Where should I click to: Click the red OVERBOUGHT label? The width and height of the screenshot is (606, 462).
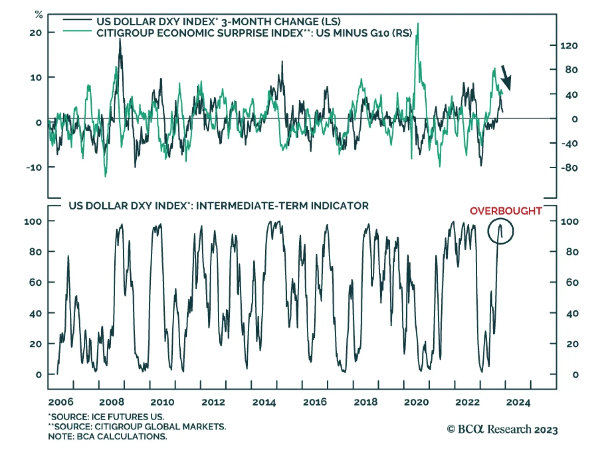[506, 211]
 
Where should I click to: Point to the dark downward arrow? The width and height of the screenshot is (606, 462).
[506, 78]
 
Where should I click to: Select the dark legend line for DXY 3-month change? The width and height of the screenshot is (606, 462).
[77, 20]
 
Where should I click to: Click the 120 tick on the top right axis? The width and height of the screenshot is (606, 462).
[569, 46]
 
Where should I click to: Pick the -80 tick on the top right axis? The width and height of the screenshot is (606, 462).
[569, 168]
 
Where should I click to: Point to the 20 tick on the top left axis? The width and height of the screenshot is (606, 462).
[36, 33]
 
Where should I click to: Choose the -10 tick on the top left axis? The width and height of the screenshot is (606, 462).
[34, 168]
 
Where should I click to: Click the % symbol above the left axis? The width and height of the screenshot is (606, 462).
[39, 15]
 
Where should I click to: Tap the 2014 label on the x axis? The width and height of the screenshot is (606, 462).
[264, 402]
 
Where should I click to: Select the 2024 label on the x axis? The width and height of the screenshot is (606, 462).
[518, 402]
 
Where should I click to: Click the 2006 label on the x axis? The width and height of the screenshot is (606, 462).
[61, 402]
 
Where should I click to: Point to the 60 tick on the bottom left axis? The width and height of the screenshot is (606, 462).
[36, 283]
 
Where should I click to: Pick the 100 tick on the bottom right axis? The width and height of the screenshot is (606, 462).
[570, 221]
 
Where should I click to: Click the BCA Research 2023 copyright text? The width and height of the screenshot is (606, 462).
[502, 429]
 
